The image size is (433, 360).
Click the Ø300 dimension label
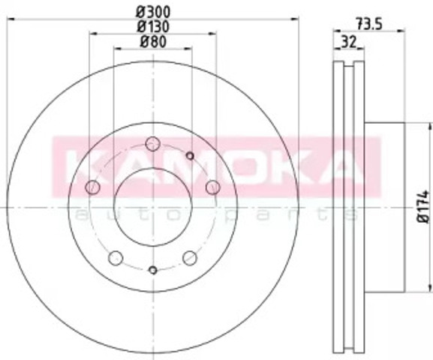click(x=153, y=12)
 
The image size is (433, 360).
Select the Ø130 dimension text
click(x=153, y=27)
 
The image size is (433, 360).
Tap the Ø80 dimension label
click(x=153, y=42)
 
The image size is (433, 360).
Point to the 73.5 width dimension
click(x=368, y=24)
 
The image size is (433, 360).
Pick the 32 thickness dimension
click(x=349, y=42)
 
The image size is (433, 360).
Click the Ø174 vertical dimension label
click(x=424, y=206)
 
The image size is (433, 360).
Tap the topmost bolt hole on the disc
click(x=152, y=144)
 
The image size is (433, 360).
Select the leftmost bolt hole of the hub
click(x=92, y=187)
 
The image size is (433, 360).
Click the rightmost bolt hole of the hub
click(x=213, y=187)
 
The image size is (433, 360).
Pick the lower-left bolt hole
click(x=116, y=258)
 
